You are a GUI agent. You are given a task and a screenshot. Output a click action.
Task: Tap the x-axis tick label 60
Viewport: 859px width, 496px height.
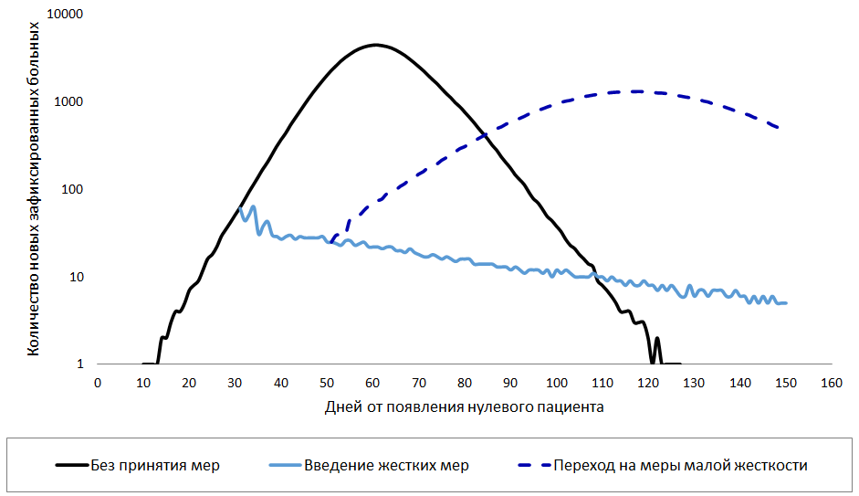(x=373, y=383)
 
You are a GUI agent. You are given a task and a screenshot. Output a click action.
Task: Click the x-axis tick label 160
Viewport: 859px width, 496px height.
(x=830, y=383)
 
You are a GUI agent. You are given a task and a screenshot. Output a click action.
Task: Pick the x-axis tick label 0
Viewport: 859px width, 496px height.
(x=98, y=383)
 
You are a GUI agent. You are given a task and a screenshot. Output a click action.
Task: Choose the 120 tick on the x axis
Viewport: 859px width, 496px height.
(x=647, y=383)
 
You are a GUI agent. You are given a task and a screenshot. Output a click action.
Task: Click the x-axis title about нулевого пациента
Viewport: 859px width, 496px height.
(x=464, y=406)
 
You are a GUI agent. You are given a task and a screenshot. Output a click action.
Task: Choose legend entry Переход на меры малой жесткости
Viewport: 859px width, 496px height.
(x=680, y=465)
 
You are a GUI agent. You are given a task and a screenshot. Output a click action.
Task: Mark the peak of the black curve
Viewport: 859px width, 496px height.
(x=374, y=45)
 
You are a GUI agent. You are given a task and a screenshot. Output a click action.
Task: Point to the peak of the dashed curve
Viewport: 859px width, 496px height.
(x=634, y=91)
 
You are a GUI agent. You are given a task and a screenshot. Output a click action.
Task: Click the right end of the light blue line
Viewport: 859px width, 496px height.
(x=786, y=302)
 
